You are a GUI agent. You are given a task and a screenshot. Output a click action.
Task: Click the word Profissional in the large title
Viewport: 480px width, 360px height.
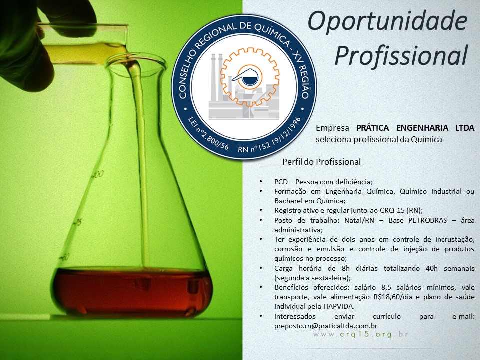pyautogui.click(x=401, y=55)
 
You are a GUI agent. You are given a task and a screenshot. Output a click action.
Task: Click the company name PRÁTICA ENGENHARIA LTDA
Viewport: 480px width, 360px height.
pyautogui.click(x=415, y=127)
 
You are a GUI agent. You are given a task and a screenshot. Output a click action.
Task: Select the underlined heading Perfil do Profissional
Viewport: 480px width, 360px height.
pyautogui.click(x=321, y=162)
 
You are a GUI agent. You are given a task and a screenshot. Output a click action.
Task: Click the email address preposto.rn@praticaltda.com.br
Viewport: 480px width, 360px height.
pyautogui.click(x=325, y=326)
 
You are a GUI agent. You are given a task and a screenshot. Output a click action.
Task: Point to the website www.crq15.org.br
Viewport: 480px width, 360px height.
pyautogui.click(x=361, y=334)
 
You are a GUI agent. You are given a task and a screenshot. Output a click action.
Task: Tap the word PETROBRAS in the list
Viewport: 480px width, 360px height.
pyautogui.click(x=427, y=220)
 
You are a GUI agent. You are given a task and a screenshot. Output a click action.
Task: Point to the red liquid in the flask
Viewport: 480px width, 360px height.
pyautogui.click(x=132, y=291)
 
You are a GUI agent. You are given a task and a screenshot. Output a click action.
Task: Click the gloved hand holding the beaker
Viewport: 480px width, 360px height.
pyautogui.click(x=33, y=43)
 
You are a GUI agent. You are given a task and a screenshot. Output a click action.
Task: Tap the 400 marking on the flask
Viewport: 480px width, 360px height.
pyautogui.click(x=98, y=175)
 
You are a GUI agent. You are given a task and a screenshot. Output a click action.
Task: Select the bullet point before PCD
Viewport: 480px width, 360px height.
pyautogui.click(x=261, y=182)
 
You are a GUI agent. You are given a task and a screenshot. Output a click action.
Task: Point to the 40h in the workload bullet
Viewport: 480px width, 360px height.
pyautogui.click(x=431, y=268)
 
